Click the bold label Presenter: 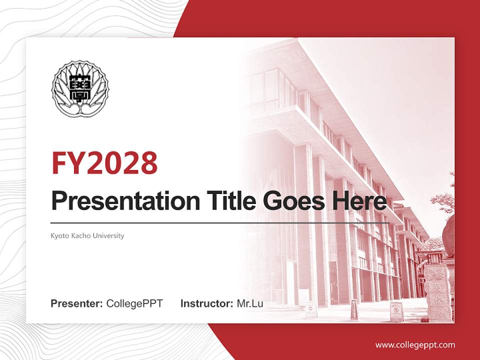pos(77,303)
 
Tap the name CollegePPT pos(134,303)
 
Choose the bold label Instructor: pos(206,303)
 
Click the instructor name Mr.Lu pos(250,303)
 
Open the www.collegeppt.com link pos(415,345)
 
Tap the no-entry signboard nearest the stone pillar pos(396,311)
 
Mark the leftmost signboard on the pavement pos(310,309)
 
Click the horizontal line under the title pos(220,222)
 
